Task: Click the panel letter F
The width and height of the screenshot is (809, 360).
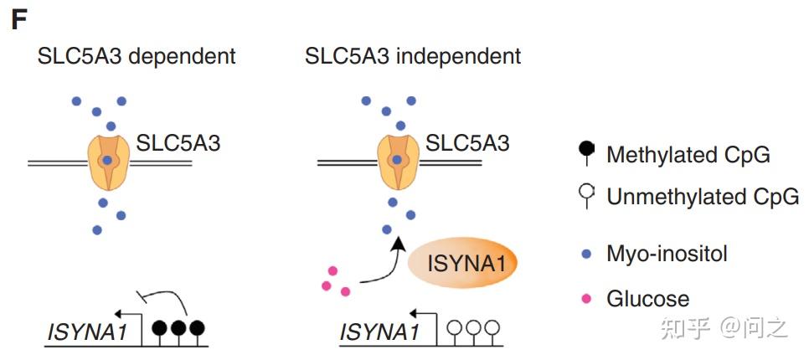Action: [18, 21]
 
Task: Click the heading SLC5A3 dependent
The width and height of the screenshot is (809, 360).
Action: [137, 57]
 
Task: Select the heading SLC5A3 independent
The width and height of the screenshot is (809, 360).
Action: [413, 57]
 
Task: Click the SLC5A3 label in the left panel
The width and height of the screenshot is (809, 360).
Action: [178, 143]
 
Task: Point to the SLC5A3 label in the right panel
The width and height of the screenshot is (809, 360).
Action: [467, 143]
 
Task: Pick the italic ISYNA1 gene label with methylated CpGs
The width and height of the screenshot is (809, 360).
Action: [86, 332]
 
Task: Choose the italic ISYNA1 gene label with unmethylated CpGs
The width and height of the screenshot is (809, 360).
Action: [379, 332]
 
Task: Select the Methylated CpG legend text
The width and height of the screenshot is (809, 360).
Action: [688, 155]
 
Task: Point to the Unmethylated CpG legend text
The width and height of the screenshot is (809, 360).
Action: [703, 198]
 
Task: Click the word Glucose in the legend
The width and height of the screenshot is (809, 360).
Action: [647, 299]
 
